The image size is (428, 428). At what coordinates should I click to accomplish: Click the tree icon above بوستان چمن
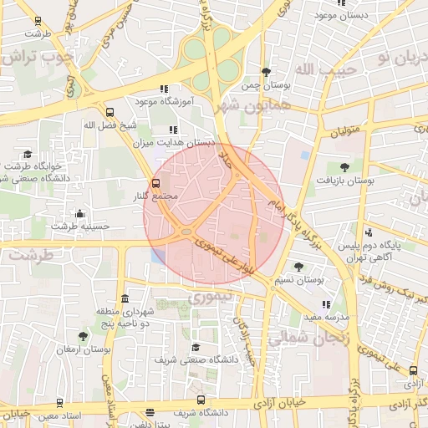coord(266,72)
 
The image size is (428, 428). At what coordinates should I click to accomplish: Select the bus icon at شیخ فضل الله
coord(110,112)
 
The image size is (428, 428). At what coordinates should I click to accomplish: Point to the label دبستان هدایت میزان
coord(176,144)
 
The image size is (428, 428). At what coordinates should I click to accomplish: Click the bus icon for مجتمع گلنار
coord(155,183)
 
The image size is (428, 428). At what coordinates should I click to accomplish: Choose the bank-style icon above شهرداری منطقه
coord(125,299)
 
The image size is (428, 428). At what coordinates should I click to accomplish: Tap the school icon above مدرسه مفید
coord(326,304)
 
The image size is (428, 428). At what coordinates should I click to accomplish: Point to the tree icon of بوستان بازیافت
coord(344,167)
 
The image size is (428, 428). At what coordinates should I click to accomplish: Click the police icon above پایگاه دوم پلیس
coord(369,233)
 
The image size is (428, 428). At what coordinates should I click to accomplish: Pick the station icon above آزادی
coord(411,369)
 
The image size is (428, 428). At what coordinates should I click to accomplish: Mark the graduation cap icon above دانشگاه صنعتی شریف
coord(196,347)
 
